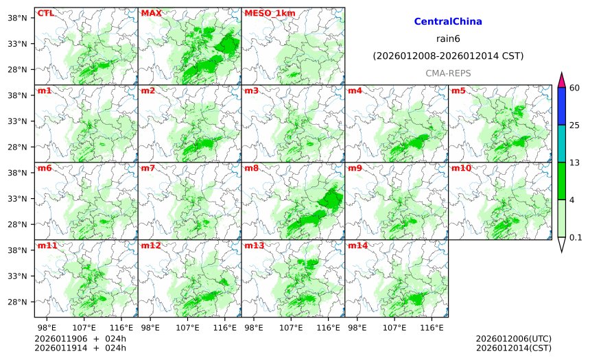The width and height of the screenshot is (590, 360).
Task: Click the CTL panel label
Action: [x=45, y=13]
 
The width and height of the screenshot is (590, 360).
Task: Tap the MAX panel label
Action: [x=150, y=13]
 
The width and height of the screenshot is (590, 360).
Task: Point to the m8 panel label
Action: [x=251, y=168]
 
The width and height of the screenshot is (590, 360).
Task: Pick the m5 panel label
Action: [x=458, y=91]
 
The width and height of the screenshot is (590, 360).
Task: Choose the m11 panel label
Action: [x=47, y=245]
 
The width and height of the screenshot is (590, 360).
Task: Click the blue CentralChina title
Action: [x=448, y=22]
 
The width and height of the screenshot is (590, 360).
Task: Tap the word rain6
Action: [x=448, y=38]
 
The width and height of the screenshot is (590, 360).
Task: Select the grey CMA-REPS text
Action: [x=448, y=73]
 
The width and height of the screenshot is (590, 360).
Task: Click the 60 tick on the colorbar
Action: [x=574, y=87]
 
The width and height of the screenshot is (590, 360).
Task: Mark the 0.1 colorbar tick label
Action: [x=576, y=237]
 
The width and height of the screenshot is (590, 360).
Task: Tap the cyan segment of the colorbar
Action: [x=561, y=143]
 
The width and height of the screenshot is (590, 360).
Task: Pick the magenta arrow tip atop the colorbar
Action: [x=561, y=80]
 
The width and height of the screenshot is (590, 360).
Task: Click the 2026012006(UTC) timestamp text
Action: [x=513, y=339]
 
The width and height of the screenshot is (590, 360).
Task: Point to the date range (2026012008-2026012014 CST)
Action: [x=448, y=56]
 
